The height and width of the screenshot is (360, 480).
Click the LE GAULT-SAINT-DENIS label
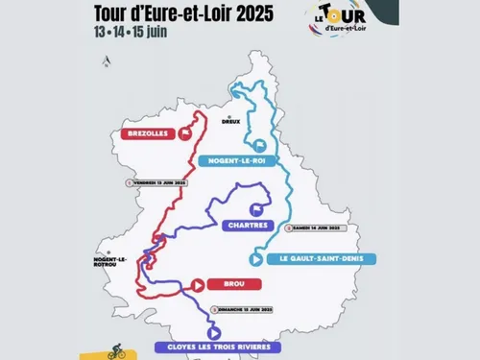(x=307, y=259)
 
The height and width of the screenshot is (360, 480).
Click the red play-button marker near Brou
(x=198, y=284)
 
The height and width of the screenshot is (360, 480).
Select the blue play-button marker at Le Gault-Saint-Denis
(x=255, y=258)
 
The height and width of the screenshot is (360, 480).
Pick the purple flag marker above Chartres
(x=254, y=208)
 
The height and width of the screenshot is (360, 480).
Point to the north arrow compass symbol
(x=108, y=62)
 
